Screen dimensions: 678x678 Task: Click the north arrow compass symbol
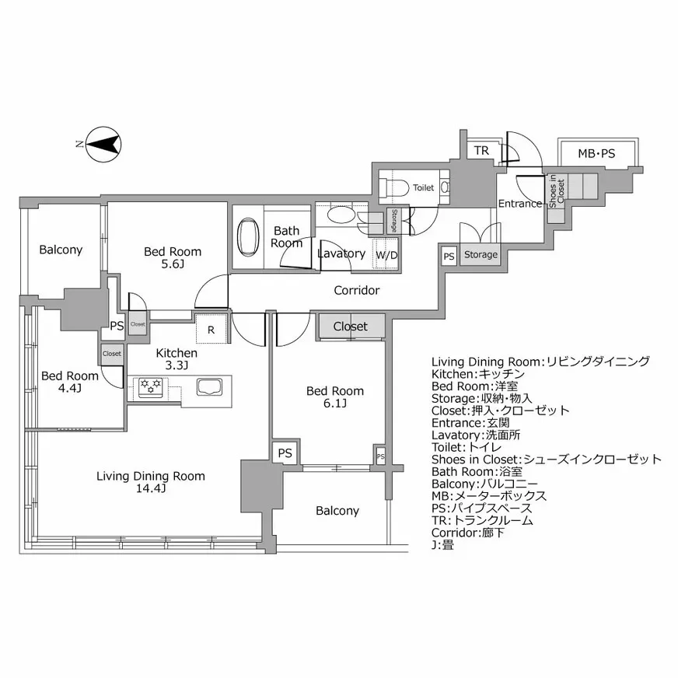click(x=102, y=144)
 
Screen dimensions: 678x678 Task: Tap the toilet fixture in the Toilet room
click(x=397, y=187)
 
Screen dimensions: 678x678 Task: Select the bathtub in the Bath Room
click(x=248, y=236)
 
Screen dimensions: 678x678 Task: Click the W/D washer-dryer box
click(x=386, y=255)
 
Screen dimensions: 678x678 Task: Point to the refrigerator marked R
click(x=211, y=329)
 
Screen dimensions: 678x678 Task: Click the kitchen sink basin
click(x=210, y=386)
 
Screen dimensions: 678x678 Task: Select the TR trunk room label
click(x=482, y=151)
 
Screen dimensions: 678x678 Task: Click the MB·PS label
click(x=596, y=154)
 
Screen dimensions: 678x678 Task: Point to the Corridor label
click(x=356, y=291)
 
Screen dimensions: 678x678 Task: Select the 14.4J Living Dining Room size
click(x=151, y=488)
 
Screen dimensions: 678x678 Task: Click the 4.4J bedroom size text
click(x=70, y=387)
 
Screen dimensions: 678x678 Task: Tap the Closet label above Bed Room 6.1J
click(x=350, y=327)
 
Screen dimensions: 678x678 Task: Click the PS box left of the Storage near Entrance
click(x=449, y=256)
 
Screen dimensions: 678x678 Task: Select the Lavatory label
click(x=341, y=253)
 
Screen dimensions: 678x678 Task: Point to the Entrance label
click(x=520, y=204)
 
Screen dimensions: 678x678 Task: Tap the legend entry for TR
click(x=482, y=520)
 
